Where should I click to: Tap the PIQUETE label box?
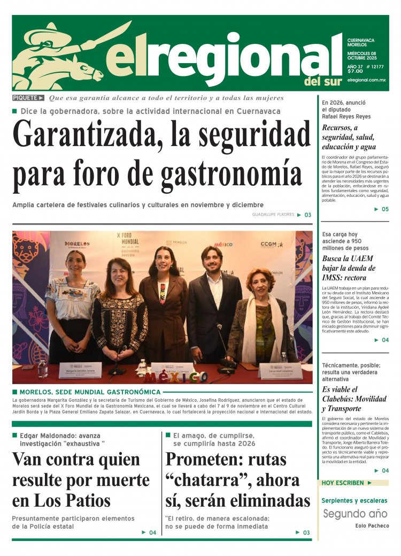(x=28, y=98)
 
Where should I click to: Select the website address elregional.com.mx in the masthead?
(x=366, y=80)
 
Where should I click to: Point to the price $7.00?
(x=355, y=71)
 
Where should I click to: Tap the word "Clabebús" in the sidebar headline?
(x=341, y=399)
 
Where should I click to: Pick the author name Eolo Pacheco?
(x=372, y=526)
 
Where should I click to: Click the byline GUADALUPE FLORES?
(x=273, y=215)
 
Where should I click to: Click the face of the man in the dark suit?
(x=212, y=260)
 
